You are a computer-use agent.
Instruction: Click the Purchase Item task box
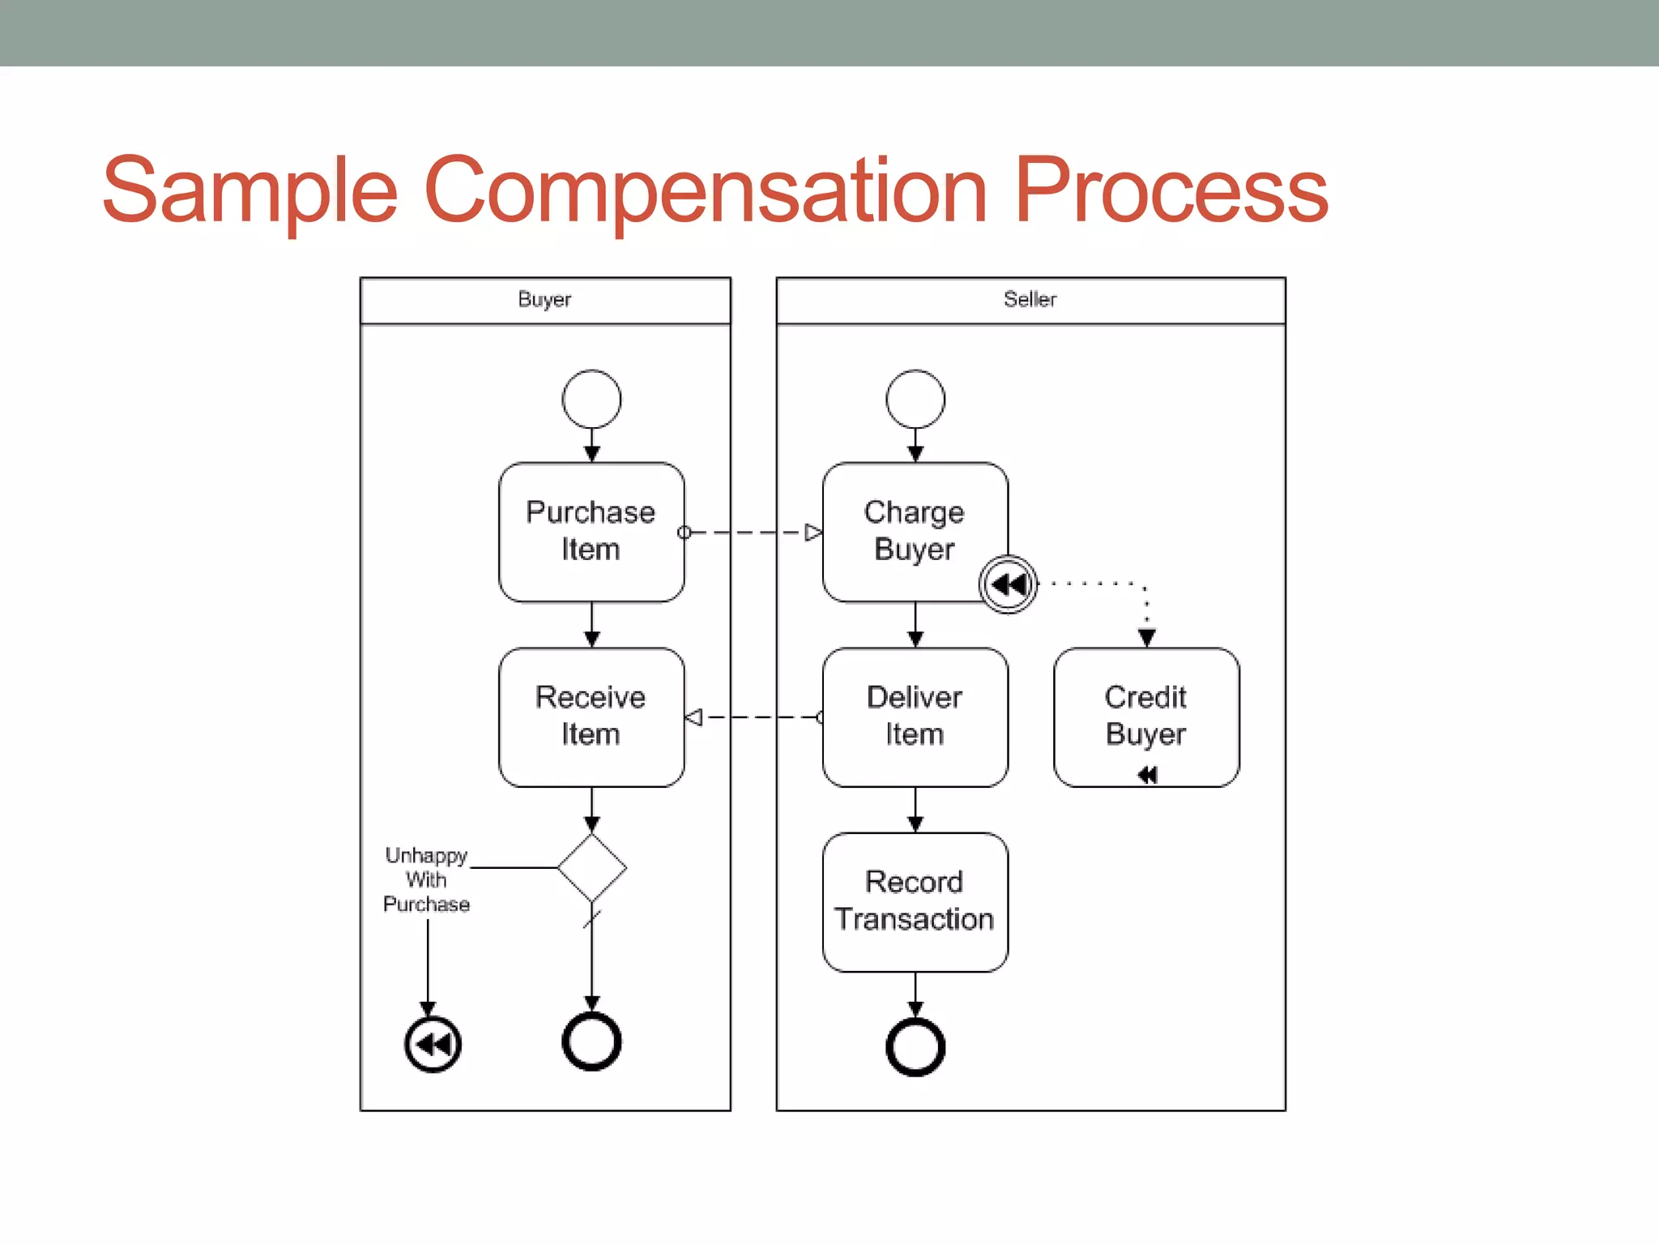tap(591, 532)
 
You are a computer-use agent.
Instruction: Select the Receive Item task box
tap(591, 717)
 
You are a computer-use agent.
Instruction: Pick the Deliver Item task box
tap(915, 717)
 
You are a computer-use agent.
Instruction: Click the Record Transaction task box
tap(915, 901)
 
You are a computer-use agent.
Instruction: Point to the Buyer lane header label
tap(544, 300)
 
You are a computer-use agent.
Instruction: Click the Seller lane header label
tap(1030, 300)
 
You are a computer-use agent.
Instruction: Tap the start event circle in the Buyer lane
tap(591, 399)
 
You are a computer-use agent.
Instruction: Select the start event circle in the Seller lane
tap(915, 399)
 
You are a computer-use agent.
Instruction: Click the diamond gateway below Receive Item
tap(591, 867)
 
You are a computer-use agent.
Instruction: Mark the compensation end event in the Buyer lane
tap(433, 1044)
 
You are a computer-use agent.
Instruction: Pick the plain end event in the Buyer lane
tap(591, 1042)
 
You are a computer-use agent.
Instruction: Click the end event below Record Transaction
tap(915, 1047)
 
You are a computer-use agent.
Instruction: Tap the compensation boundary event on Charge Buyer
tap(1008, 584)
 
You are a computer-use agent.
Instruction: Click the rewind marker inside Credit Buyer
tap(1147, 775)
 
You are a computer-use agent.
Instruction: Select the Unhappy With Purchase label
tap(426, 879)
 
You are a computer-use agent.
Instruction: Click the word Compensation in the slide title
tap(705, 190)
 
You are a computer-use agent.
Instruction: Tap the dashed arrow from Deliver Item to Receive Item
tap(753, 717)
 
